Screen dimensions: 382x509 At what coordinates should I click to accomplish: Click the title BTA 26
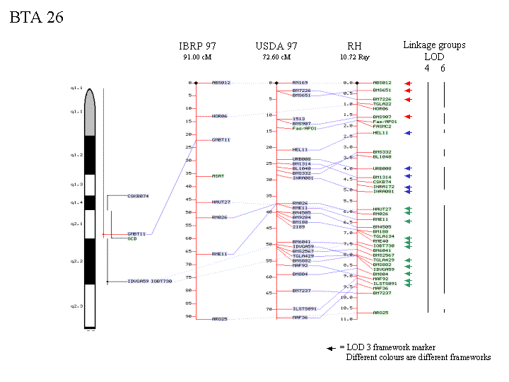tap(36, 18)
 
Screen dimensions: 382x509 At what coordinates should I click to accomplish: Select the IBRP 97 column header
tap(197, 46)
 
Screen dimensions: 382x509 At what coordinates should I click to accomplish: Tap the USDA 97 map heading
tap(276, 46)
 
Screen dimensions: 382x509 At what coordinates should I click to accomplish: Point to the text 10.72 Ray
tap(354, 57)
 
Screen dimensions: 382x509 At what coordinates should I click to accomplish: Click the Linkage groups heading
tap(434, 45)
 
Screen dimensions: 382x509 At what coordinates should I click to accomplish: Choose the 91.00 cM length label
tap(197, 57)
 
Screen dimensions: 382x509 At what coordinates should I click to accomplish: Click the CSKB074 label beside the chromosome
tap(138, 195)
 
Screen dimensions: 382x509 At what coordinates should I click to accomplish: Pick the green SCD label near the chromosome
tap(131, 238)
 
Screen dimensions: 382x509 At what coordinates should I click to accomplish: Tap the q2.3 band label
tap(76, 306)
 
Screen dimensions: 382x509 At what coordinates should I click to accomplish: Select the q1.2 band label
tap(76, 154)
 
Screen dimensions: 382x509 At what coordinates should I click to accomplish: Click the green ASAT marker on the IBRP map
tap(218, 176)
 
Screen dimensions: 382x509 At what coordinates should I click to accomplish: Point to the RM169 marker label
tap(300, 83)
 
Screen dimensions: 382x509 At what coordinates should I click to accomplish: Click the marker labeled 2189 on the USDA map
tap(298, 227)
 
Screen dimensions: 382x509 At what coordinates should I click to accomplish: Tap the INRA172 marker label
tap(383, 187)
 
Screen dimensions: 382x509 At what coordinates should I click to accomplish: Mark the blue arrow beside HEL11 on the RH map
tap(407, 133)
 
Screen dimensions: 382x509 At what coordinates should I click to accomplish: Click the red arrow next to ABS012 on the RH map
tap(407, 83)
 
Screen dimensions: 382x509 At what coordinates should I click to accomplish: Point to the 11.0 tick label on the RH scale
tap(346, 319)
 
